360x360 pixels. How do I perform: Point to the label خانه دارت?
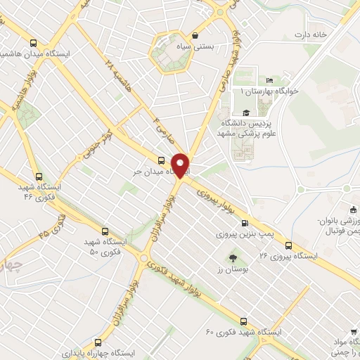pyautogui.click(x=311, y=34)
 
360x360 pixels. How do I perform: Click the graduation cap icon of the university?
pyautogui.click(x=245, y=113)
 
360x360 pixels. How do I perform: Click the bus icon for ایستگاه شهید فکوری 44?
pyautogui.click(x=36, y=179)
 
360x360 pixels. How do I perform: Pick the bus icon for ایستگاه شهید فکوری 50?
pyautogui.click(x=105, y=231)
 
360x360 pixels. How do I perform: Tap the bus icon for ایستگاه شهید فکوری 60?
pyautogui.click(x=243, y=319)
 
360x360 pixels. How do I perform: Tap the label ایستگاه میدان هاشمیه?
pyautogui.click(x=28, y=53)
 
